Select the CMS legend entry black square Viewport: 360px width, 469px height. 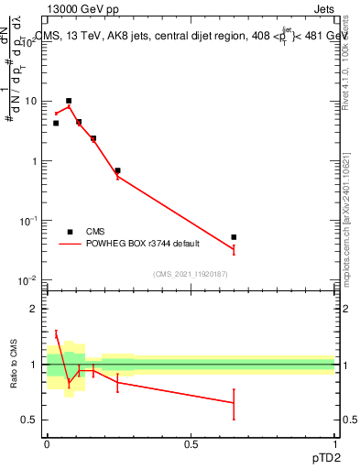[70, 232]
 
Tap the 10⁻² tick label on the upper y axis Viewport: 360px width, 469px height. [27, 280]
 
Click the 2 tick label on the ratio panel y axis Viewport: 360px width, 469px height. [34, 309]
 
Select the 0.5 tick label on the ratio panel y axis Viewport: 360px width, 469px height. [29, 420]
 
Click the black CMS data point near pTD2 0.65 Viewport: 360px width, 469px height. [234, 237]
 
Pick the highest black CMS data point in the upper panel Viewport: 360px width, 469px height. [69, 101]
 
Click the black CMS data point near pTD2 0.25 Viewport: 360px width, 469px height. [118, 170]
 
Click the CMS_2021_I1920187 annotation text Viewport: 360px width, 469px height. [190, 274]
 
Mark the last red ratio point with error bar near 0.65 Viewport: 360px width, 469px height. [234, 402]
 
